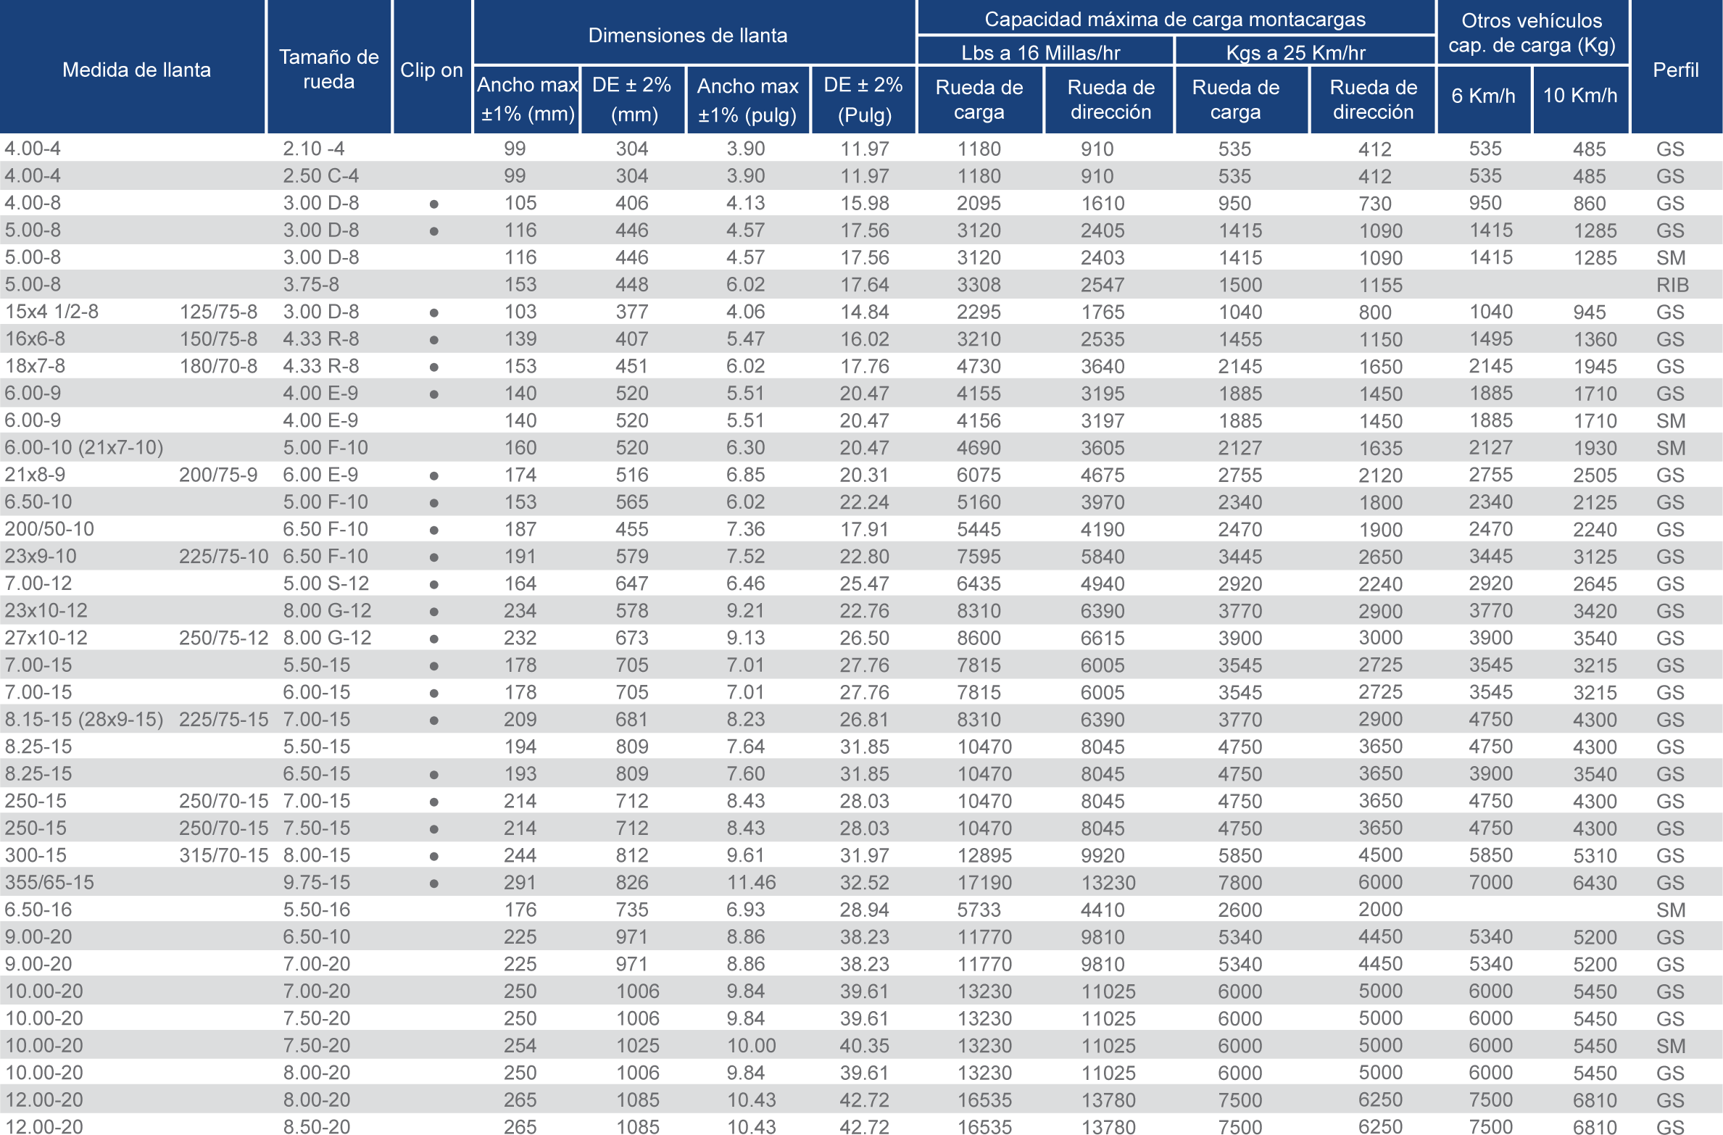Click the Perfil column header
click(x=1675, y=70)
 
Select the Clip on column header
click(x=431, y=70)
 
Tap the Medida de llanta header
click(x=136, y=70)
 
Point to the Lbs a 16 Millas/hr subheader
click(x=1040, y=52)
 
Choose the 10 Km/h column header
click(x=1579, y=95)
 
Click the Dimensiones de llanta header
click(x=687, y=35)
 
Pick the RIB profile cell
click(x=1672, y=285)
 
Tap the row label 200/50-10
click(x=49, y=529)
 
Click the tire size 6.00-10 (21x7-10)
click(x=84, y=447)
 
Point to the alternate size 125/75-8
click(x=218, y=312)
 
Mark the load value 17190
click(x=984, y=883)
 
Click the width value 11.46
click(x=751, y=883)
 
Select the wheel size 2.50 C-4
click(x=320, y=176)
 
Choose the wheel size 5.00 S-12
click(x=325, y=583)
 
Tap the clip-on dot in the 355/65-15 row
click(x=433, y=884)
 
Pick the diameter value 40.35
click(x=864, y=1046)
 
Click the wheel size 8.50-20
click(x=316, y=1126)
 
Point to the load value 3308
click(x=979, y=285)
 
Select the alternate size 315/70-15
click(x=223, y=855)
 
